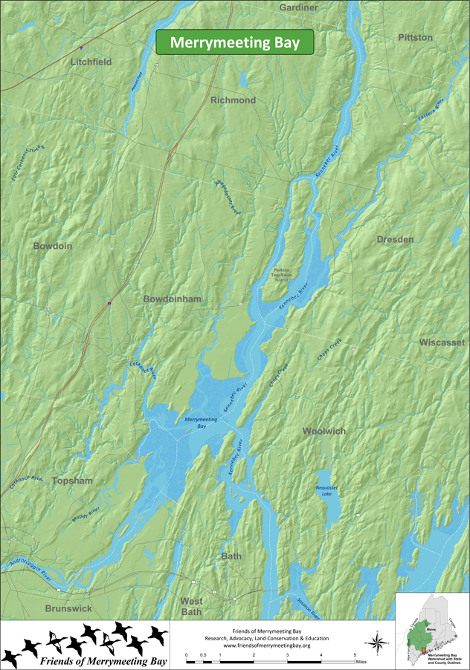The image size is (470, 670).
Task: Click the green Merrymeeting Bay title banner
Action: tap(234, 42)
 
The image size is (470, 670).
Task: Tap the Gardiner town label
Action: tap(298, 7)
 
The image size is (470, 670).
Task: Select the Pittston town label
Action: tap(415, 37)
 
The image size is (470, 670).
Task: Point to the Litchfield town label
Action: tap(91, 62)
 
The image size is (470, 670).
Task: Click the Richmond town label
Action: tap(233, 100)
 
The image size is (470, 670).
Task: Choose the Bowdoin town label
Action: tap(52, 245)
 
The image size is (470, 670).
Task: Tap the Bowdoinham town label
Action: tap(173, 299)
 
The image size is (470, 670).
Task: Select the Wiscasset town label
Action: tap(442, 342)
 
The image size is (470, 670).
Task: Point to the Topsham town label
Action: tap(72, 481)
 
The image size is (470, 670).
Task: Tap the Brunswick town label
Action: tap(68, 608)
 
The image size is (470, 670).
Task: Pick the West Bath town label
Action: tap(191, 606)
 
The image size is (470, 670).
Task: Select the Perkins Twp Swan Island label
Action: tap(286, 273)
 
